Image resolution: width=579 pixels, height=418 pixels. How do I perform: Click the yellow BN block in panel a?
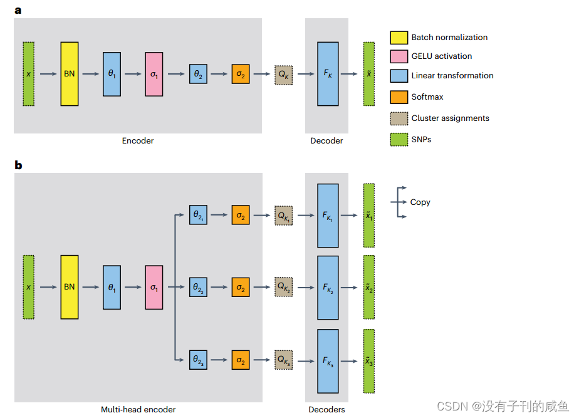pos(70,74)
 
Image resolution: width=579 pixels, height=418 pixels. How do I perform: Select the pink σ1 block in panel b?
pos(154,287)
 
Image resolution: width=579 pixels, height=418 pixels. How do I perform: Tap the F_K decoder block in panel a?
pos(328,74)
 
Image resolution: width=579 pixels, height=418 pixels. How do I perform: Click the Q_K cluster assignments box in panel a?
pos(283,74)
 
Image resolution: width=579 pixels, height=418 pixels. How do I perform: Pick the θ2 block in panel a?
pos(198,74)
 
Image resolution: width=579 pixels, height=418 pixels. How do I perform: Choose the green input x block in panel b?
pos(28,287)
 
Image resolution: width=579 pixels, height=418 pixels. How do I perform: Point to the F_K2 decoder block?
pos(328,287)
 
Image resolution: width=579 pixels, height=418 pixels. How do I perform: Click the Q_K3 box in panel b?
pos(283,360)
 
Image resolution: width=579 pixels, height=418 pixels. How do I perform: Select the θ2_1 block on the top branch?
pos(198,216)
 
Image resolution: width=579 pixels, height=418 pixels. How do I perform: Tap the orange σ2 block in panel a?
pos(240,74)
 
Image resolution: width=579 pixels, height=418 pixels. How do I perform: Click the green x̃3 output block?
pos(369,361)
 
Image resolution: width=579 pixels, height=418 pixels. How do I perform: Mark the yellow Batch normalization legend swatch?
pos(399,38)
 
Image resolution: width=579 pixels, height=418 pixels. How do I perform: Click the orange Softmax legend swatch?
pos(399,97)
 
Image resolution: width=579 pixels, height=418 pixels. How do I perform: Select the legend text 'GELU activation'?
pos(442,56)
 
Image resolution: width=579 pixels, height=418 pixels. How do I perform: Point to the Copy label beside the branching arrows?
pos(420,202)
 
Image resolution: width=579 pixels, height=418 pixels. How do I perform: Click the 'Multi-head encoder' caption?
pos(138,410)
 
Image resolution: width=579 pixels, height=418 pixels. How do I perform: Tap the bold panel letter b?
pos(18,165)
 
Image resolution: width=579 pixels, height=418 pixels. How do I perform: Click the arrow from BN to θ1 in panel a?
pos(90,74)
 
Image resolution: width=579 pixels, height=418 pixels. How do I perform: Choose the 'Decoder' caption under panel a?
pos(326,141)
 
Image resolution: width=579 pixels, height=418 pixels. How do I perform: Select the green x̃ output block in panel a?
pos(369,74)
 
